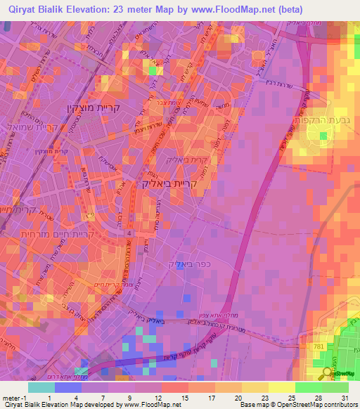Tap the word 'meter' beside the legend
[12, 398]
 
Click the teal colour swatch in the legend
[41, 387]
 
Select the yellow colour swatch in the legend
[281, 387]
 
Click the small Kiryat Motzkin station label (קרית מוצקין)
[28, 150]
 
